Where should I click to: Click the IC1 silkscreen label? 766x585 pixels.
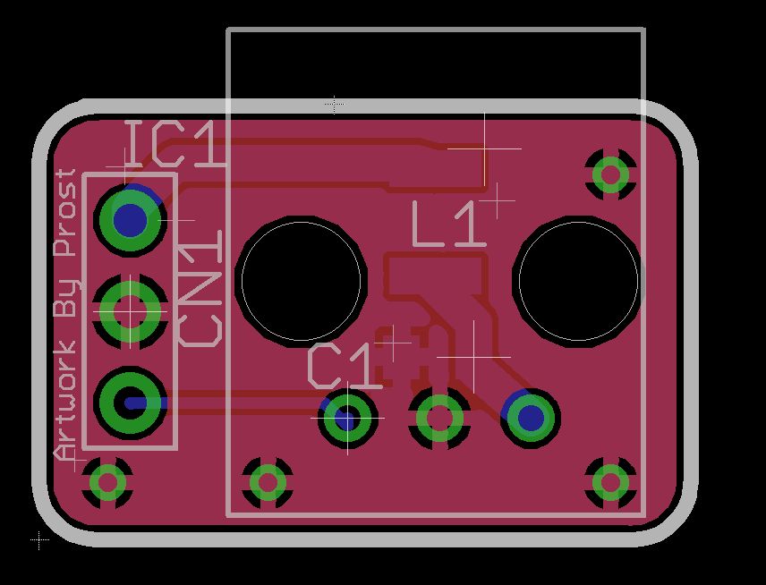(x=176, y=145)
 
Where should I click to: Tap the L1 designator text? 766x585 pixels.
(x=449, y=225)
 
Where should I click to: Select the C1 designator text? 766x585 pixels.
(x=344, y=366)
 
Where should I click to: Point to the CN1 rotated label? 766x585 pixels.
(x=200, y=288)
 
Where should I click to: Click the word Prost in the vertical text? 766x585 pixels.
(x=66, y=212)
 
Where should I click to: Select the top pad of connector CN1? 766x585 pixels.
(x=130, y=220)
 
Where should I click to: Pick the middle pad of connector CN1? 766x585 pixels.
(x=130, y=311)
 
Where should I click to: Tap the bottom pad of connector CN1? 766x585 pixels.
(x=130, y=403)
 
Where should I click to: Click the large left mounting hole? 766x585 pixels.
(x=301, y=281)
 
